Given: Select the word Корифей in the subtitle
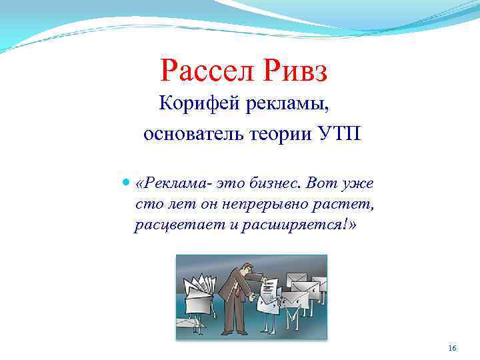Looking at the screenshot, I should pos(193,103).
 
